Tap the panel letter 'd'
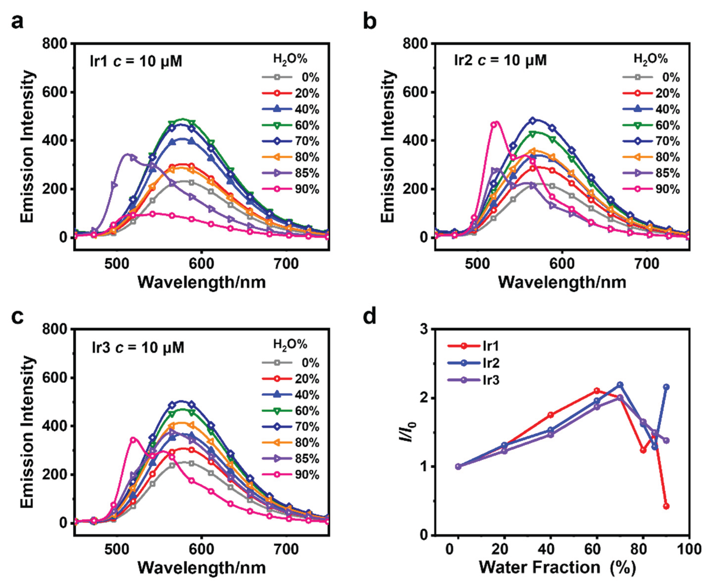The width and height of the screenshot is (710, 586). click(x=370, y=317)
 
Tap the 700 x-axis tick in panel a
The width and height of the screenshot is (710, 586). click(x=286, y=264)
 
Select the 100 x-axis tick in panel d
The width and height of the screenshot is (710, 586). click(x=689, y=549)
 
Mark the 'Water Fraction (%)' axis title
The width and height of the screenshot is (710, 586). click(x=557, y=567)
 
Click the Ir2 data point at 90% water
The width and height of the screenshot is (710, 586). click(x=666, y=387)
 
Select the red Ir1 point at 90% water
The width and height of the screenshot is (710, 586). click(x=666, y=506)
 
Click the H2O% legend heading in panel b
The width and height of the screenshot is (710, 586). click(x=651, y=59)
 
